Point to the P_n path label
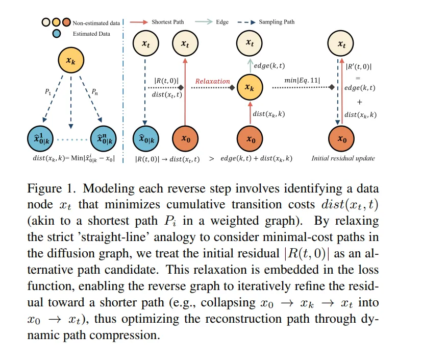(95, 92)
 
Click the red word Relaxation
(213, 81)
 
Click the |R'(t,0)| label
(359, 66)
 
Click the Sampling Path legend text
(277, 22)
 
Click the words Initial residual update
(343, 158)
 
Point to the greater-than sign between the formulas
(212, 158)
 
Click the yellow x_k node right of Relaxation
(249, 87)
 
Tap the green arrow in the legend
(208, 22)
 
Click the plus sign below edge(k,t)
(359, 102)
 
